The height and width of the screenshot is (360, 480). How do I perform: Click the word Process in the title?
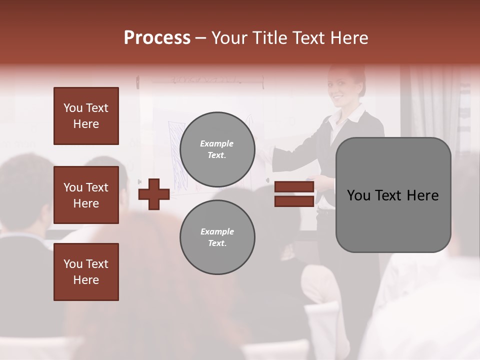pyautogui.click(x=157, y=38)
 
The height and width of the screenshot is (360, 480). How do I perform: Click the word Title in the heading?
pyautogui.click(x=269, y=38)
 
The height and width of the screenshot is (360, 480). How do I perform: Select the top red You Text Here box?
pyautogui.click(x=86, y=116)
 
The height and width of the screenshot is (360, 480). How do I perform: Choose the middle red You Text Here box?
pyautogui.click(x=86, y=195)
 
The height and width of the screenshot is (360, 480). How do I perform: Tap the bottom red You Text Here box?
pyautogui.click(x=86, y=272)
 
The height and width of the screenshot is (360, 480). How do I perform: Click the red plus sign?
pyautogui.click(x=154, y=194)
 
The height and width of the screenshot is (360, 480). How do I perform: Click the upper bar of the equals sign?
pyautogui.click(x=294, y=187)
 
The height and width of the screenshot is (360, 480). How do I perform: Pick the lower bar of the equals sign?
pyautogui.click(x=294, y=201)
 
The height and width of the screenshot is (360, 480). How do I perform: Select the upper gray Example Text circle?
pyautogui.click(x=217, y=149)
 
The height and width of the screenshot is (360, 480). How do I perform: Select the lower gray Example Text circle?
pyautogui.click(x=217, y=237)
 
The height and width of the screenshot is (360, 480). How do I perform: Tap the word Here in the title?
pyautogui.click(x=349, y=38)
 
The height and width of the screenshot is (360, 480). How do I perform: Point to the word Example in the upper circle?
pyautogui.click(x=217, y=144)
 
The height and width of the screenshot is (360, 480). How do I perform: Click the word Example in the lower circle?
pyautogui.click(x=217, y=232)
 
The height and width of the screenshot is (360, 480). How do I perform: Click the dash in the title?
pyautogui.click(x=200, y=38)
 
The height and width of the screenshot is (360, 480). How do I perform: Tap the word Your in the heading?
pyautogui.click(x=228, y=38)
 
